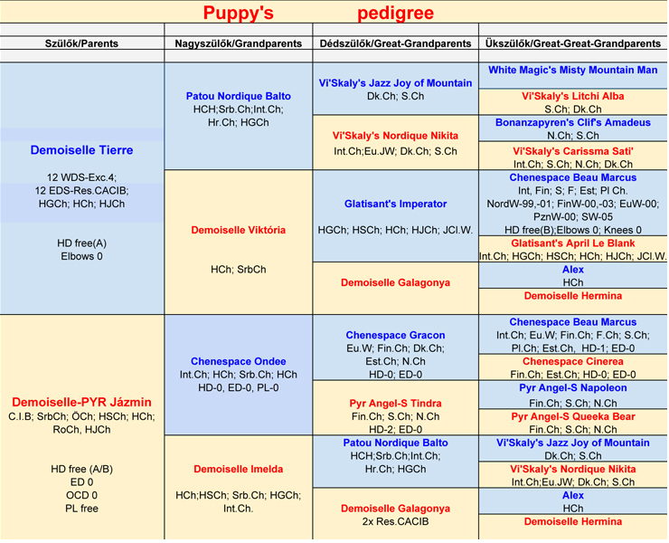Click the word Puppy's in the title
[x=238, y=14]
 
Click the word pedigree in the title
[x=395, y=14]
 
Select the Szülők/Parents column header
[x=81, y=43]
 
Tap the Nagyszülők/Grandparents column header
[x=240, y=43]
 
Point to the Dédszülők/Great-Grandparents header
[x=396, y=43]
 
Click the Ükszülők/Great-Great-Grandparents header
[x=572, y=43]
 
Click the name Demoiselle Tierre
[x=81, y=150]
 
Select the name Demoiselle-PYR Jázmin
[x=81, y=402]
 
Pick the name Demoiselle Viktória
[x=239, y=230]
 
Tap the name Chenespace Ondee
[x=239, y=362]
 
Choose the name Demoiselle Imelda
[x=239, y=469]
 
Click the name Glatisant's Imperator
[x=396, y=204]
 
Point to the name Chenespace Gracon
[x=396, y=335]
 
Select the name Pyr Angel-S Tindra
[x=396, y=403]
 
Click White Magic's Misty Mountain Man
[x=572, y=70]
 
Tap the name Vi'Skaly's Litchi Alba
[x=572, y=96]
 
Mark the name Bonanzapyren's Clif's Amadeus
[x=572, y=122]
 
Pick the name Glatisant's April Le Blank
[x=572, y=243]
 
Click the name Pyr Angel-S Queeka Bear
[x=572, y=416]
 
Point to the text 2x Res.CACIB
[x=396, y=521]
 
